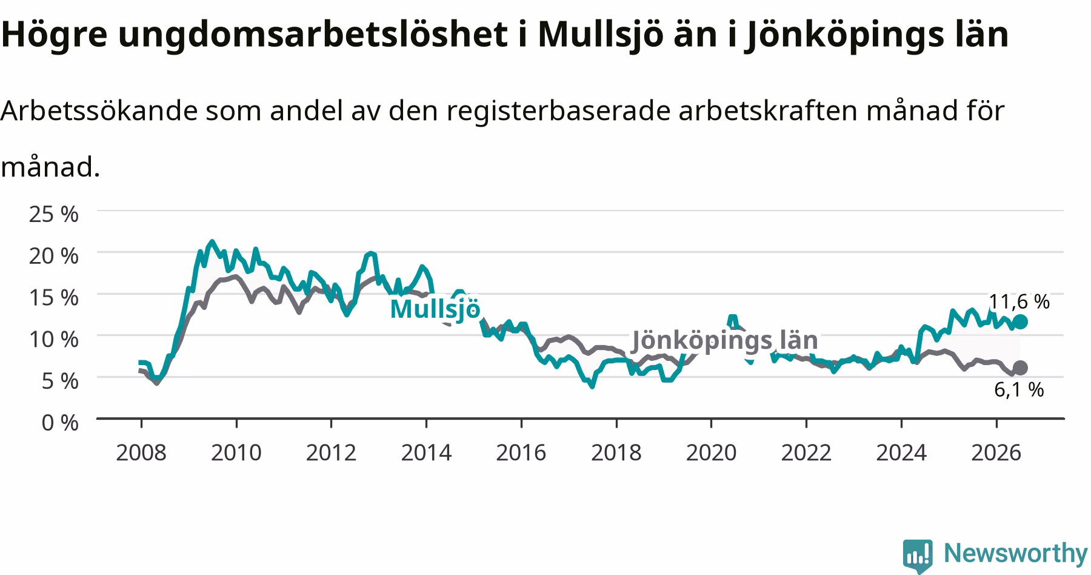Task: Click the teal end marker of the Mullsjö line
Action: (1020, 321)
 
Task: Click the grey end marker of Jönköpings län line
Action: (1020, 368)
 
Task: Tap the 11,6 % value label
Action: (1019, 301)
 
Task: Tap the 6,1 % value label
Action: (1019, 389)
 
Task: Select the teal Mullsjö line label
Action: (435, 309)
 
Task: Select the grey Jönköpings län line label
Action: (725, 340)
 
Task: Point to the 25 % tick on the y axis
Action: (53, 214)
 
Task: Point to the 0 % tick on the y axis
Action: (60, 422)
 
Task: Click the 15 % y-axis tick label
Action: (53, 297)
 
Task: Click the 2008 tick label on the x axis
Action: (141, 452)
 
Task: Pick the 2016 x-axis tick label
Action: (521, 452)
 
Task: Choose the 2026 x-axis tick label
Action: (996, 452)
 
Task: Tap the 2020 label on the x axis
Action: (711, 452)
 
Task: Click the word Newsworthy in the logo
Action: (1016, 553)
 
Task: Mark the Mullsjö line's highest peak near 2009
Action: (212, 241)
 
